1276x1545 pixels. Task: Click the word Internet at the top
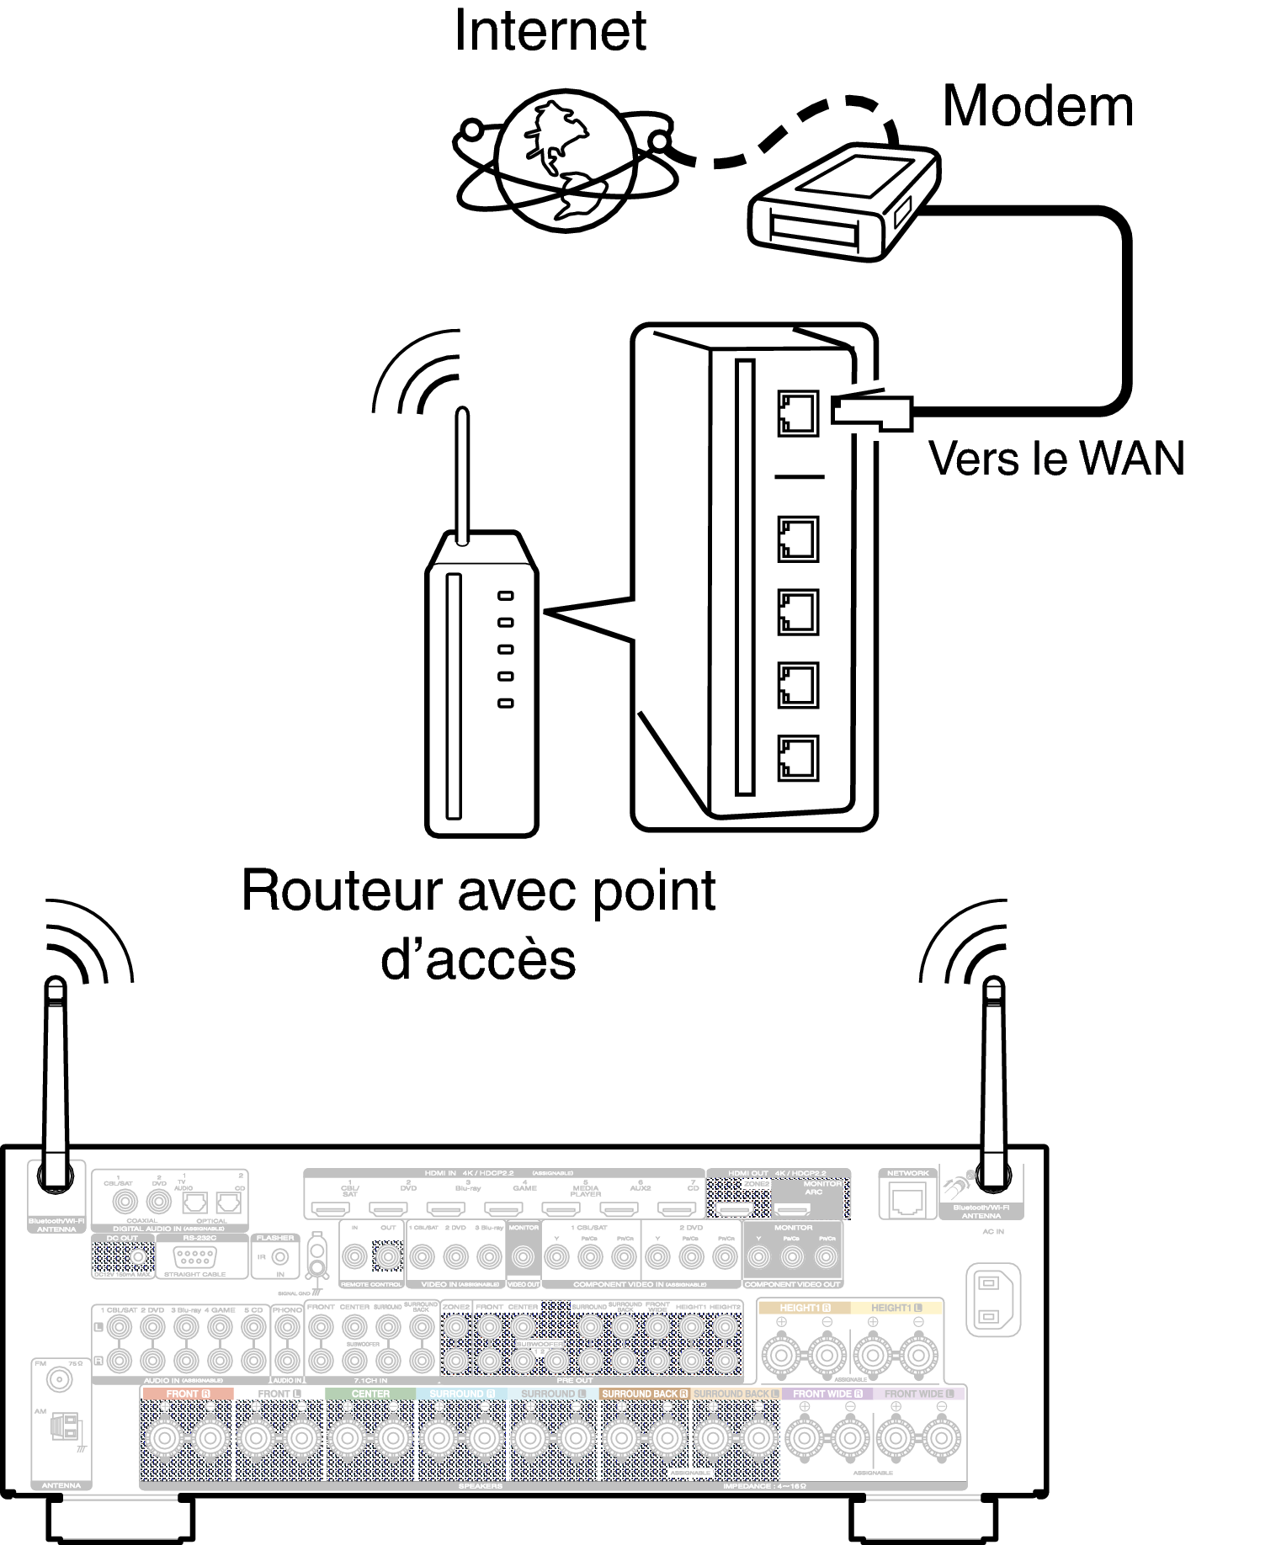550,31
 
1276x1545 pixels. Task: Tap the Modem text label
1037,107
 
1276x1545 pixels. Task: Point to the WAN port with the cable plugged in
797,412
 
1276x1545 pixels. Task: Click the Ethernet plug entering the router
871,411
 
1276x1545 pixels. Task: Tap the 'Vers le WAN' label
1056,459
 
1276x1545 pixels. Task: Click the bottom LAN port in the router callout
797,757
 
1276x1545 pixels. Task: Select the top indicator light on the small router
505,596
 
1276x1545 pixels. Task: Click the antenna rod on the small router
462,475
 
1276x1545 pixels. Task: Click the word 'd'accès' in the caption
478,959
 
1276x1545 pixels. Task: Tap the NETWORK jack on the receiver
907,1198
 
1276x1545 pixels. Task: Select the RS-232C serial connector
195,1258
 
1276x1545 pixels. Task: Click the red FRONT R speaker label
187,1394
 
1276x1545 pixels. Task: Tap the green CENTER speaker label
370,1394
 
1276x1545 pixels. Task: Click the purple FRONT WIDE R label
827,1394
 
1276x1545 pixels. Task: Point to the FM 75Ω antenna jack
59,1379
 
